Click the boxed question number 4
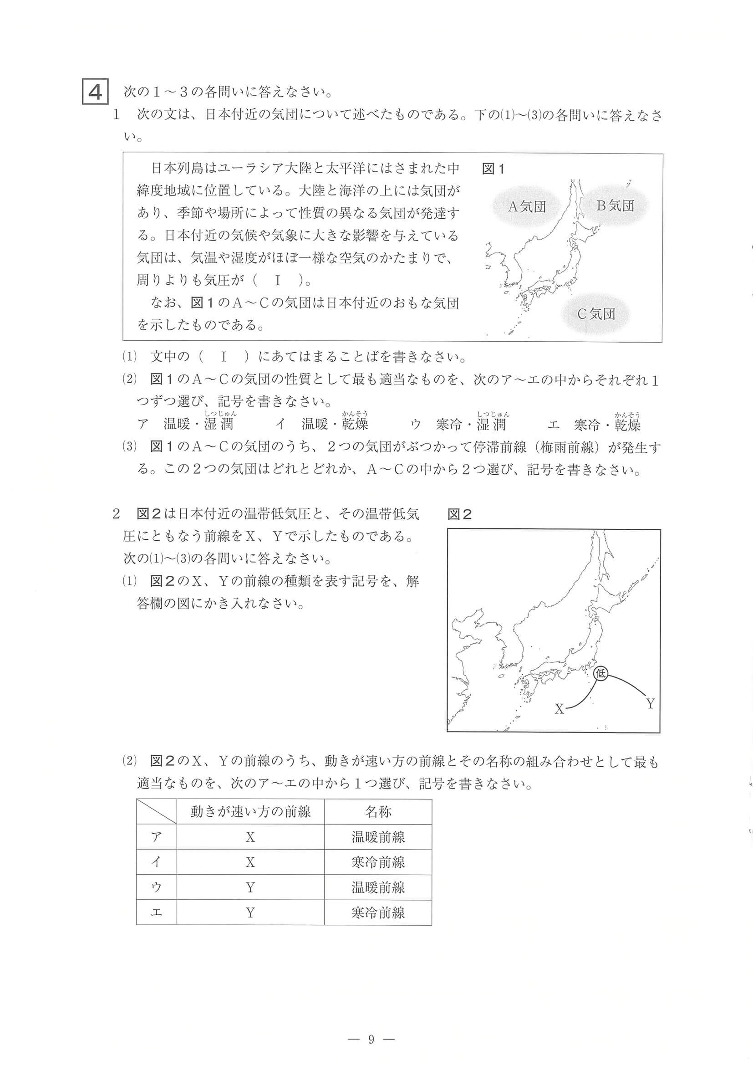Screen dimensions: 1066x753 tap(95, 92)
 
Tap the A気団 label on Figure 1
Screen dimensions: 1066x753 tap(527, 207)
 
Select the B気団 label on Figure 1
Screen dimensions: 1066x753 tap(615, 205)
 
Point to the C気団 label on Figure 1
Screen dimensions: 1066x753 tap(596, 314)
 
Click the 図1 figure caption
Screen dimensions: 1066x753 tap(493, 169)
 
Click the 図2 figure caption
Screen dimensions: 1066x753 tap(459, 514)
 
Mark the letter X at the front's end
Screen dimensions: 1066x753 tap(560, 723)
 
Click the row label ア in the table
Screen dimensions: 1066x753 tap(157, 837)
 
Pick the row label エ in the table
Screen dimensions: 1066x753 tap(157, 912)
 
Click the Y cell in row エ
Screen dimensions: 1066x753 tap(250, 912)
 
